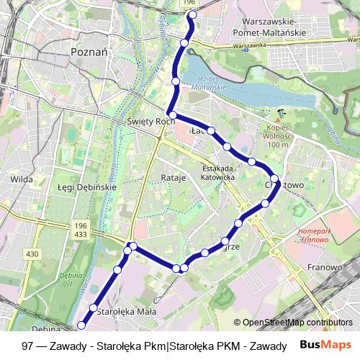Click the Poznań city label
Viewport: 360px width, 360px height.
coord(89,53)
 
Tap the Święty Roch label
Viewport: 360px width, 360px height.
coord(148,122)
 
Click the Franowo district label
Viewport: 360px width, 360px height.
coord(324,267)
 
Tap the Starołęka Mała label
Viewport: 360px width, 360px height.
coord(126,312)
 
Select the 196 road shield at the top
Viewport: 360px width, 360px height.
coord(189,4)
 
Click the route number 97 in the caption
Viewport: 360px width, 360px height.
coord(29,346)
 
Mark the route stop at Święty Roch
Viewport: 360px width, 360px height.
coord(172,115)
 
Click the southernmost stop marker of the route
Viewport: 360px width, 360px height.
coord(81,326)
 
